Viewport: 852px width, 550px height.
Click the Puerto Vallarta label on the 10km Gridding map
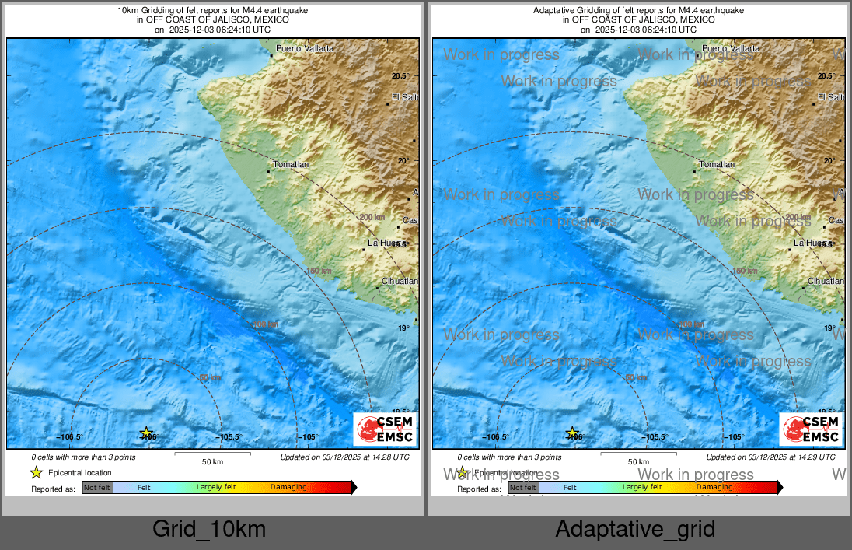click(x=306, y=48)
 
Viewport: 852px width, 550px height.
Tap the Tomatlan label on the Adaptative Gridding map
click(x=717, y=164)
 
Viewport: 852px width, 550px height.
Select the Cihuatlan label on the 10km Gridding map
click(x=400, y=281)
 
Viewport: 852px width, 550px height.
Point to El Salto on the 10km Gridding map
click(x=405, y=97)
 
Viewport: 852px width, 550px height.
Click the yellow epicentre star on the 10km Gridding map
click(x=146, y=433)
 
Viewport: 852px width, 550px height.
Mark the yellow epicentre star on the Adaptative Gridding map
click(x=572, y=433)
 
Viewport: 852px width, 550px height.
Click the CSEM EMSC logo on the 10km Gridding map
click(x=386, y=429)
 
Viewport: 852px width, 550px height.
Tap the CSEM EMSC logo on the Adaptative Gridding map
click(x=812, y=429)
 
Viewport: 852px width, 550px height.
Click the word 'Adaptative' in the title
click(x=553, y=10)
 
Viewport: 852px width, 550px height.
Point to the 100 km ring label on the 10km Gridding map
click(x=265, y=324)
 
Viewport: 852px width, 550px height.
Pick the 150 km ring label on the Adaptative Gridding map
click(x=745, y=271)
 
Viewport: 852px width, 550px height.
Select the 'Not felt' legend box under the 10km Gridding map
click(x=97, y=488)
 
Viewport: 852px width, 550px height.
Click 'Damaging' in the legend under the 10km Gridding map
click(x=288, y=488)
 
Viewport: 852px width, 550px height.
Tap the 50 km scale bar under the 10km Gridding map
click(x=212, y=454)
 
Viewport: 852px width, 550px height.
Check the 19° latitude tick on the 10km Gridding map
click(x=405, y=328)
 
